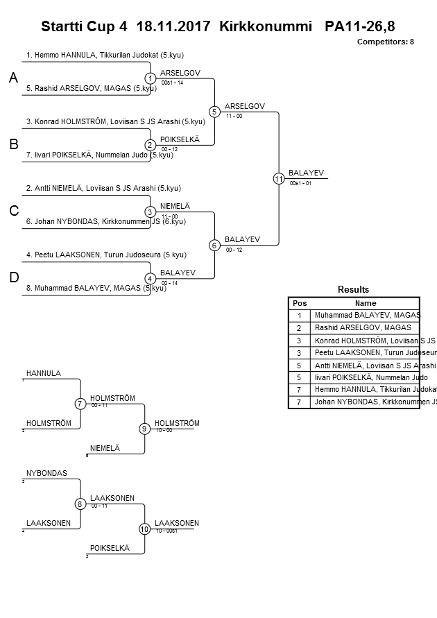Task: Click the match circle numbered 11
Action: coord(279,178)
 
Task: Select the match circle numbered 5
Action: coord(214,112)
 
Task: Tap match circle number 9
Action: coord(144,429)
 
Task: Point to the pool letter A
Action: coord(13,78)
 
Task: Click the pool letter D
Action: coord(13,277)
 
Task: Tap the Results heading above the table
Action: coord(353,289)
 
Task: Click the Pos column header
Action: coord(299,303)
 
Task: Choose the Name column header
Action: coord(365,303)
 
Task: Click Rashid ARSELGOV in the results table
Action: coord(363,327)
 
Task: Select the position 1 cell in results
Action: coord(299,315)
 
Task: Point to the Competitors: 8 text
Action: coord(385,42)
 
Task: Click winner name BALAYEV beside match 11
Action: coord(306,173)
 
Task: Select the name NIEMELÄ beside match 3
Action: coord(175,206)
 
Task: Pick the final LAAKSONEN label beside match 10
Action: coord(177,523)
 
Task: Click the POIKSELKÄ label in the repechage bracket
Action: coord(110,548)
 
